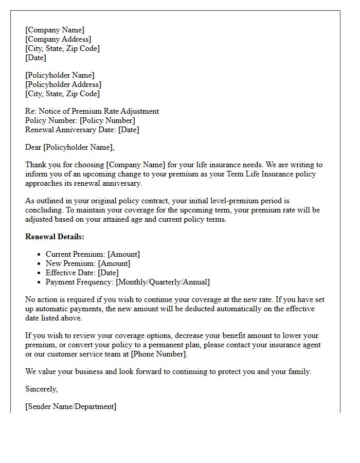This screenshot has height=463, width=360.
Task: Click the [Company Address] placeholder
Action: (58, 39)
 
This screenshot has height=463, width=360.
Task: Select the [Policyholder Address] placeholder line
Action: (63, 84)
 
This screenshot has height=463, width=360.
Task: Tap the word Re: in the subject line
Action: (31, 111)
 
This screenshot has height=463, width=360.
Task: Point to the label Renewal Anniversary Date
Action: (70, 130)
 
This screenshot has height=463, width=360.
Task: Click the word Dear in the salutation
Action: (33, 147)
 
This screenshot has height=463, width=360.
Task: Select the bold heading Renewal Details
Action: (55, 237)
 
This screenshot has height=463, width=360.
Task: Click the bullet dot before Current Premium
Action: (39, 255)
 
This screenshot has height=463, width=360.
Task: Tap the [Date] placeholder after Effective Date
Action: (108, 273)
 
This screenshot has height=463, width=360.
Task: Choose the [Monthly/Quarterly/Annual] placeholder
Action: (163, 282)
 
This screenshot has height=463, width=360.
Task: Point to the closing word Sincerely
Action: (41, 389)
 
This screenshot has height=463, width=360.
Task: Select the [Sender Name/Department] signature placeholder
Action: (70, 406)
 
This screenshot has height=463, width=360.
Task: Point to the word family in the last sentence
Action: (299, 371)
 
